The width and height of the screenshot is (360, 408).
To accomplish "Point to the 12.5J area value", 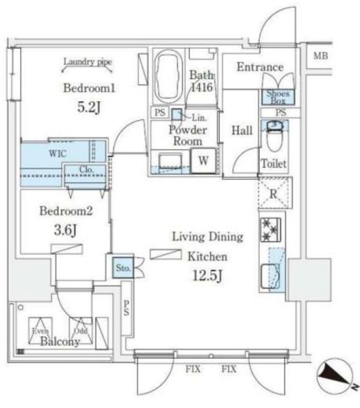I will (206, 275).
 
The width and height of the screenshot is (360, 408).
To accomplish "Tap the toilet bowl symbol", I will (275, 141).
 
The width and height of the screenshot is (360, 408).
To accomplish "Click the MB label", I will (320, 56).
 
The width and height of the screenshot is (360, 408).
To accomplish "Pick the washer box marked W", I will (202, 161).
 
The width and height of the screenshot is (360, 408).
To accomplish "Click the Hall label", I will (241, 131).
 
